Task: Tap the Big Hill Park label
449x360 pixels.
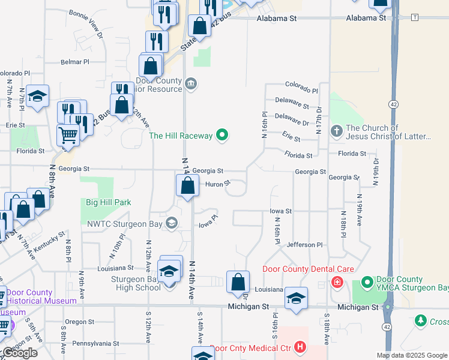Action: point(108,203)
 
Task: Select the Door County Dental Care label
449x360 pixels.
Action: point(308,269)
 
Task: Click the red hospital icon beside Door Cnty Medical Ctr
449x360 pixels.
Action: point(301,347)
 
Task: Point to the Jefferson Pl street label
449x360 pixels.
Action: point(305,245)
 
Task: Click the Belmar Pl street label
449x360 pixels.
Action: point(74,61)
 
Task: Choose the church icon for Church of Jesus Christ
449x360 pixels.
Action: point(337,129)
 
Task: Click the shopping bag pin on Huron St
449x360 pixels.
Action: point(188,185)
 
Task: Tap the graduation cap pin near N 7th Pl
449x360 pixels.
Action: point(37,96)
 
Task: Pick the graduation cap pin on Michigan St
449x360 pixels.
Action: point(296,299)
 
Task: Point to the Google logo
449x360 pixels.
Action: point(20,353)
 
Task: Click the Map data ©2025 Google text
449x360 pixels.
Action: point(411,355)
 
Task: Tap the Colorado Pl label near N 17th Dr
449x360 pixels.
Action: point(301,88)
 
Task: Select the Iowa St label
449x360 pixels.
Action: point(280,211)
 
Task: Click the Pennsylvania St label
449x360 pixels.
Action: point(96,343)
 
